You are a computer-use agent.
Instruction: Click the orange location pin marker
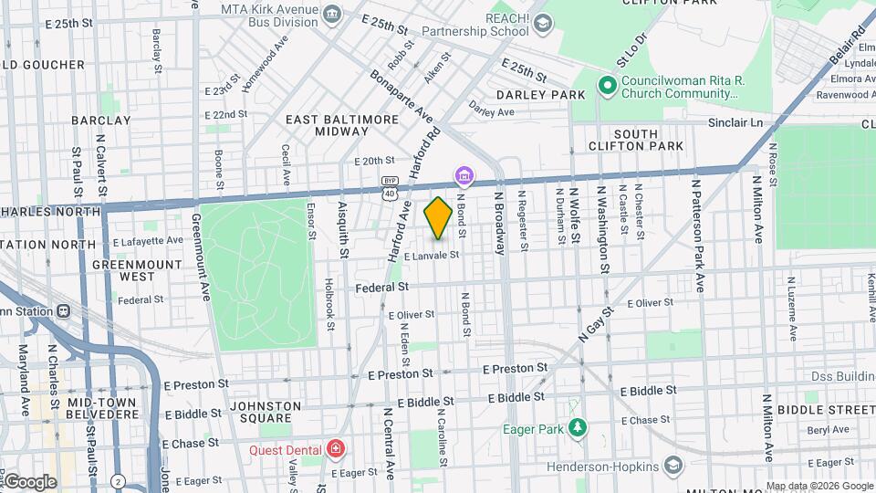click(438, 218)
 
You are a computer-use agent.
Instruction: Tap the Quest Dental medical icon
click(336, 449)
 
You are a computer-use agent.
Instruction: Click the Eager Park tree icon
click(577, 427)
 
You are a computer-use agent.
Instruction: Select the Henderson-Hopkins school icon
click(673, 467)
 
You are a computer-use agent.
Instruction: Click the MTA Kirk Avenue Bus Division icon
click(332, 12)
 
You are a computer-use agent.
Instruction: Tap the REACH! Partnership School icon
click(543, 23)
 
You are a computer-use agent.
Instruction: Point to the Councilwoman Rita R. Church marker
click(606, 86)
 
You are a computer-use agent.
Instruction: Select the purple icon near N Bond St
click(464, 174)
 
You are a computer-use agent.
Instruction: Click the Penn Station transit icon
click(64, 310)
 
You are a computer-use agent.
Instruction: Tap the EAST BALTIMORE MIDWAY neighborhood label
click(342, 126)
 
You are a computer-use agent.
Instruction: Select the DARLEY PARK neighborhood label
click(540, 95)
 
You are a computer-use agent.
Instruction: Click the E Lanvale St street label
click(427, 256)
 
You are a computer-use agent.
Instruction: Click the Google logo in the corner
click(29, 481)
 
